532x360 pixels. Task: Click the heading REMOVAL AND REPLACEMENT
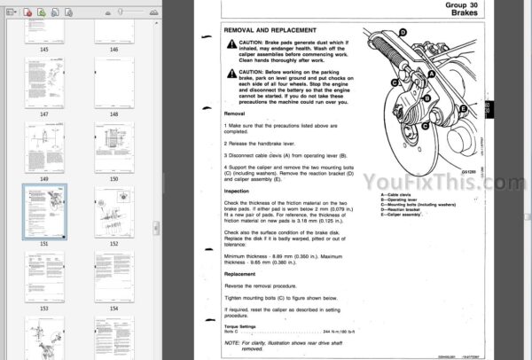click(265, 29)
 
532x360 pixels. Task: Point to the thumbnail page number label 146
click(113, 50)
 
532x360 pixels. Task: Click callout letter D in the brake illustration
click(403, 32)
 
